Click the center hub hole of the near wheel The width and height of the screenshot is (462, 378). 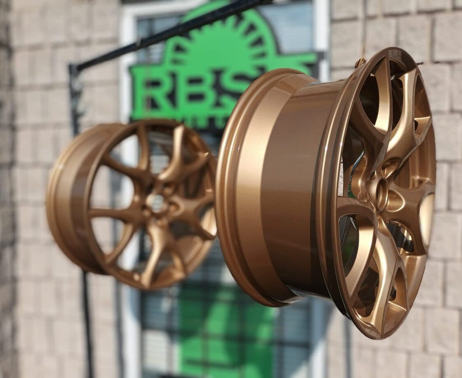[382, 193]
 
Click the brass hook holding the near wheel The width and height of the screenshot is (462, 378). [360, 62]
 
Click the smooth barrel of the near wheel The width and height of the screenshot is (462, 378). [288, 185]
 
